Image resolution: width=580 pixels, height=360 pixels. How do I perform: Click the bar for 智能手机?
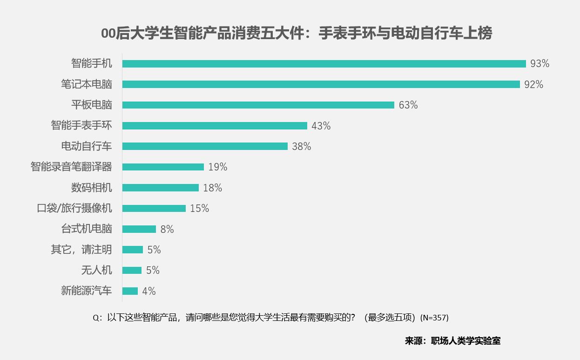click(324, 64)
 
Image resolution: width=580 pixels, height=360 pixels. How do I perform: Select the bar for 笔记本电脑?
click(321, 84)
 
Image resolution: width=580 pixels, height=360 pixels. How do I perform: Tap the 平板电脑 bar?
click(258, 105)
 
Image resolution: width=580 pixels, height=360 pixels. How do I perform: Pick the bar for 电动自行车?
click(205, 146)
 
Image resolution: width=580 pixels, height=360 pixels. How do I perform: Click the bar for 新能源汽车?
click(130, 291)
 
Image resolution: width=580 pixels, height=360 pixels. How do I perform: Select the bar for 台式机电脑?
click(139, 229)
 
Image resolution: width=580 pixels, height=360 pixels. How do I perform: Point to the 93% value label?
click(540, 64)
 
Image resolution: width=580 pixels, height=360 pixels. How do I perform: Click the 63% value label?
click(408, 105)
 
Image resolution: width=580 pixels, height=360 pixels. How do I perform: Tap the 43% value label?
click(321, 126)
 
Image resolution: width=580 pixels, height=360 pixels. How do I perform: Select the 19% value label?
click(218, 167)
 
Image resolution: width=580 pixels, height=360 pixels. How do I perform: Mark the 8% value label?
click(167, 229)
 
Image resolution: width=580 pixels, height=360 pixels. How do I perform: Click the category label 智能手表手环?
click(81, 126)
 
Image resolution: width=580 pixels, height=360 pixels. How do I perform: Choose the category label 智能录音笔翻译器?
click(71, 167)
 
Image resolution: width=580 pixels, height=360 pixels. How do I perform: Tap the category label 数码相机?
click(92, 188)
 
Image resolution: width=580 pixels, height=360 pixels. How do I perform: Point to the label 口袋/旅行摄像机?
click(74, 208)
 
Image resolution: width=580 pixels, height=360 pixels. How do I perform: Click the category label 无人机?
click(97, 270)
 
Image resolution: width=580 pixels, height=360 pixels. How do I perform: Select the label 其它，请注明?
click(81, 250)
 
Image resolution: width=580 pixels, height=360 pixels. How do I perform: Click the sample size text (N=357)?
click(434, 318)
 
